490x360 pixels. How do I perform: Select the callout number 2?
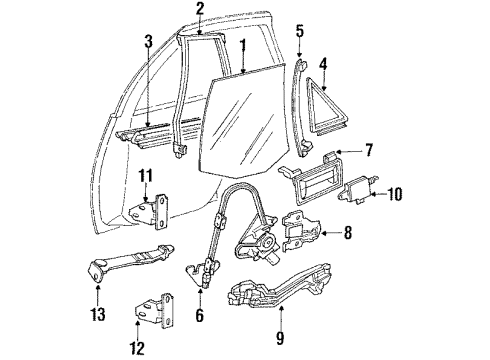tap(199, 9)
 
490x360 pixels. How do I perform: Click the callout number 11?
tap(145, 176)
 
